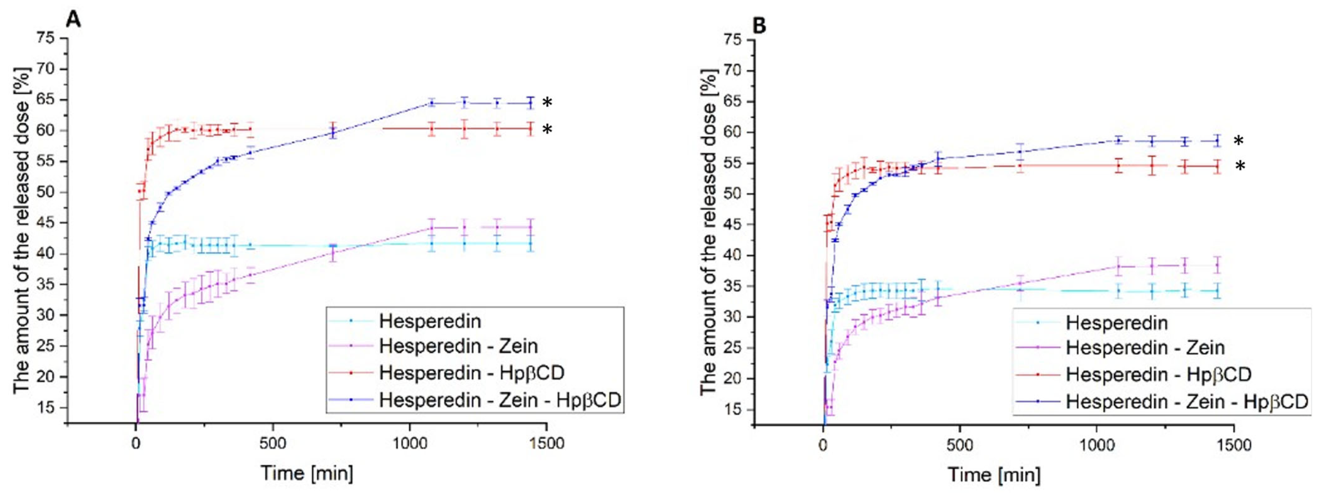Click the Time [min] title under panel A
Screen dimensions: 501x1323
click(x=307, y=473)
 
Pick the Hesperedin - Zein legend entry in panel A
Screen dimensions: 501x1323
click(x=458, y=346)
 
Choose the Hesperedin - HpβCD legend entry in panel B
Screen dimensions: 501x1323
click(x=1158, y=375)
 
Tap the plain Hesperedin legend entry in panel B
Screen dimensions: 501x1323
click(x=1117, y=323)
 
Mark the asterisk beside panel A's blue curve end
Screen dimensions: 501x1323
click(x=548, y=102)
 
